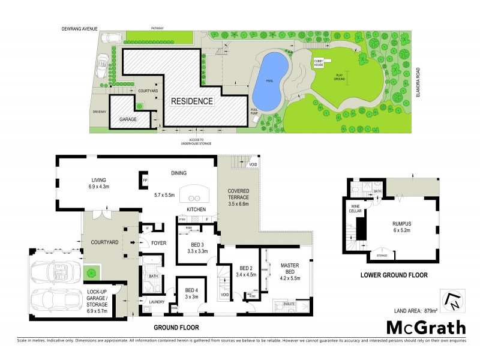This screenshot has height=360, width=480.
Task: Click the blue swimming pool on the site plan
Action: [x=269, y=77]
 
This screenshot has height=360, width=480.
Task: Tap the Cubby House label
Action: [x=318, y=62]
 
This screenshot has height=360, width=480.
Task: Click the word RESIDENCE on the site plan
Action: [x=192, y=101]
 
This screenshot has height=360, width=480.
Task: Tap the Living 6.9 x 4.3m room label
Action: [x=98, y=182]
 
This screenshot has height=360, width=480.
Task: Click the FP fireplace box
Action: [x=145, y=180]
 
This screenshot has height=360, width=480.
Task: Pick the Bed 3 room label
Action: [x=199, y=248]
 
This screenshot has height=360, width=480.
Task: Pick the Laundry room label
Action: [x=157, y=302]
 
